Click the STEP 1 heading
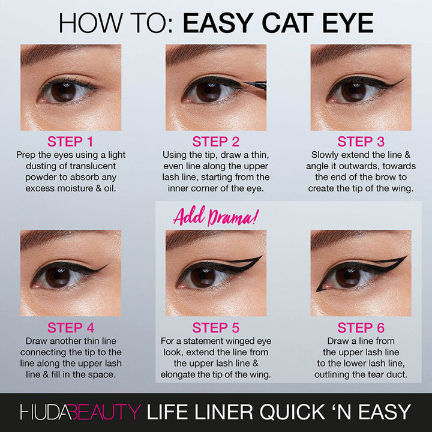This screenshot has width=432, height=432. (71, 142)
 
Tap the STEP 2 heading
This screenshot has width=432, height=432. (216, 142)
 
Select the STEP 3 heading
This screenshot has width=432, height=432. (361, 142)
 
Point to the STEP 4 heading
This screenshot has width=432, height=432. (71, 328)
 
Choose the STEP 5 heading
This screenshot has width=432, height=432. (216, 328)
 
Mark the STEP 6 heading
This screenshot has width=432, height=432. (361, 328)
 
